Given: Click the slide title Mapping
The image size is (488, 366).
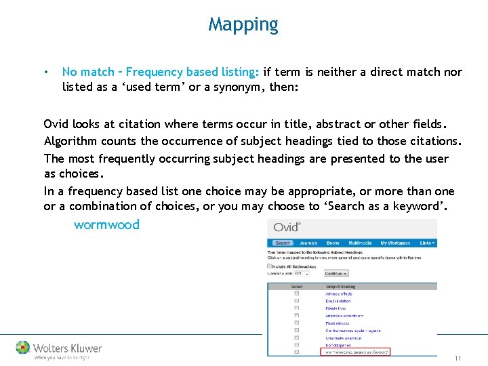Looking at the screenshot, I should [x=243, y=25].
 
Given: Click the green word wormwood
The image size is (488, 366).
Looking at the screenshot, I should [x=106, y=225].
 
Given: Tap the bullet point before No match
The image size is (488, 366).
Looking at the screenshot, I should [x=45, y=72].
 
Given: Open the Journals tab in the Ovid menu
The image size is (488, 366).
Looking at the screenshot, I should [x=308, y=243].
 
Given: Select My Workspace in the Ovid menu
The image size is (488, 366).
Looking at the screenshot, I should [x=395, y=243].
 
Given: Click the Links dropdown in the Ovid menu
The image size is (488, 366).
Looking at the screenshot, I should [x=427, y=243].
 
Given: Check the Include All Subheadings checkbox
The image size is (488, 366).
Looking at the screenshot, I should [x=270, y=266].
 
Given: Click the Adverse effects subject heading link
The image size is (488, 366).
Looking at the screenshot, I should [x=339, y=293].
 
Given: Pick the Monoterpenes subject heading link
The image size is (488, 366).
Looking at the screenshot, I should [x=338, y=345].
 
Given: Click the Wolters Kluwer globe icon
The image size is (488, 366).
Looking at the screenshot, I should [x=23, y=348].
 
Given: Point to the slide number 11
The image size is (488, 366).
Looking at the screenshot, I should [x=458, y=358].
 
